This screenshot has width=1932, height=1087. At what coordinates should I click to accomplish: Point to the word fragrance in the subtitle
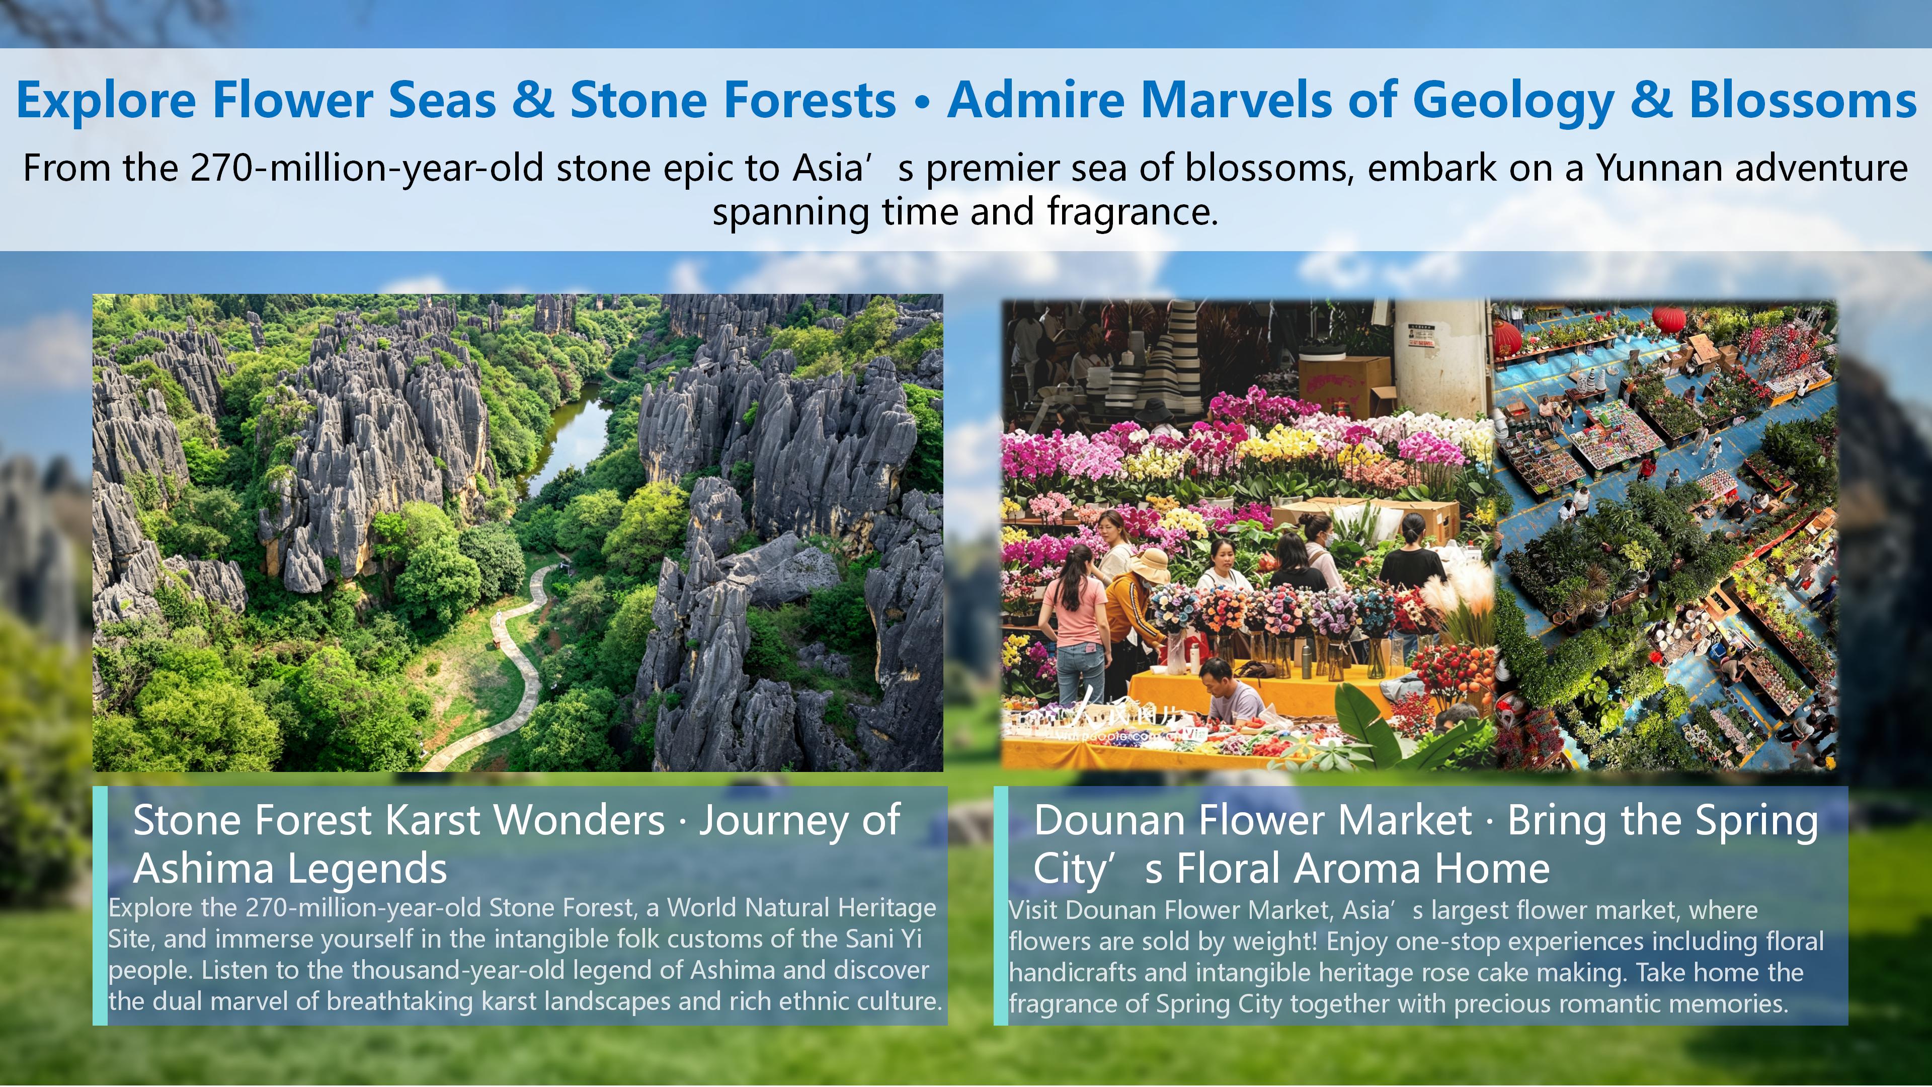coord(1133,212)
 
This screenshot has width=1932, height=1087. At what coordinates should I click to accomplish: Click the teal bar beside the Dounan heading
coord(1001,905)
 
